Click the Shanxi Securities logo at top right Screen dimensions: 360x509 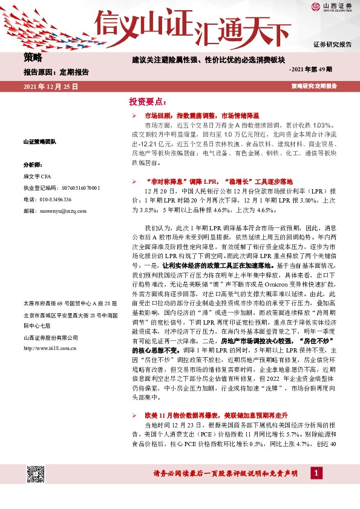click(332, 8)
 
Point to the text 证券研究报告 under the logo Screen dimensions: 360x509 click(332, 45)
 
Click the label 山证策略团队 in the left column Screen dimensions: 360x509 click(39, 141)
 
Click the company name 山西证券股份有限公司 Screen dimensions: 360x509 click(50, 337)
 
